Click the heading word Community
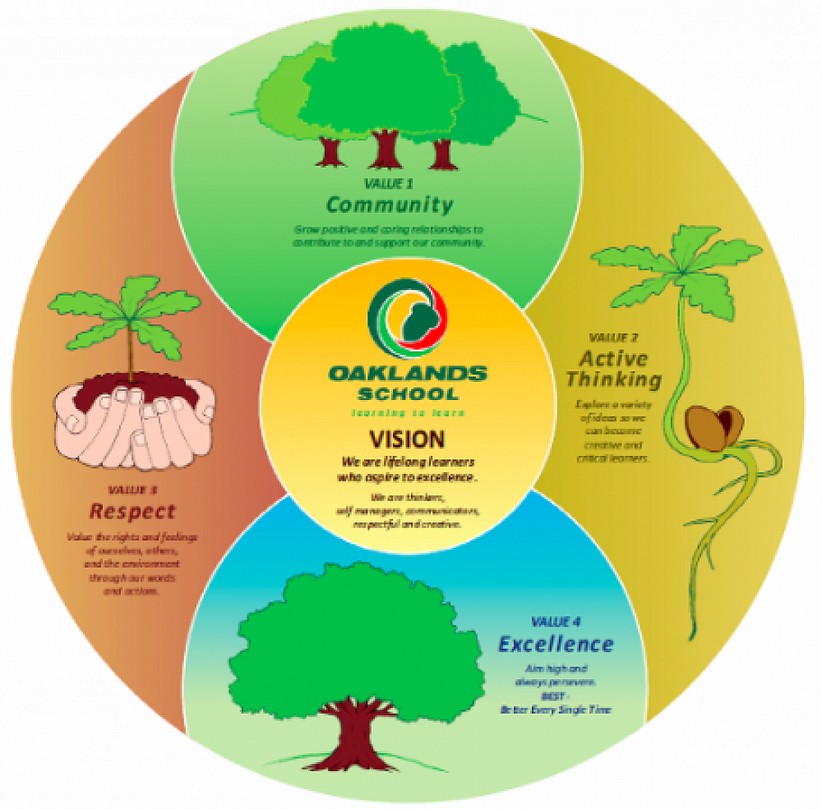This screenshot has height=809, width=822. (389, 204)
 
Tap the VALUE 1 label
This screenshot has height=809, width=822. (389, 182)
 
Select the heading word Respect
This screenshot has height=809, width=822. (132, 512)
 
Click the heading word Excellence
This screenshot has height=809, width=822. (556, 643)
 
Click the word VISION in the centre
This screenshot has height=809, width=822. (407, 438)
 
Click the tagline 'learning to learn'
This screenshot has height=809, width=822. (408, 413)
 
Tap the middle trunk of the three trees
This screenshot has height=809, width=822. (384, 148)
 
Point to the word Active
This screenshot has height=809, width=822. (613, 359)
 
